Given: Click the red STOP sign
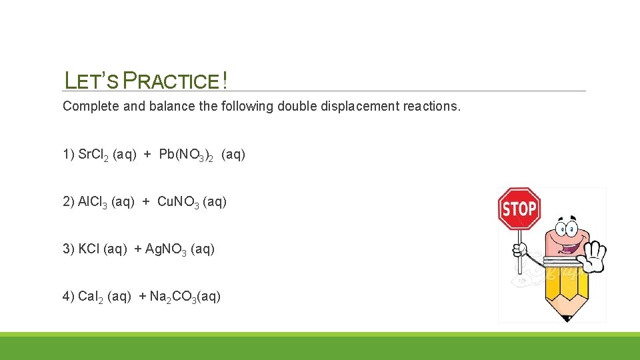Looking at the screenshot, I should click(519, 209).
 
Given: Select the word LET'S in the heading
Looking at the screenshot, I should click(91, 81).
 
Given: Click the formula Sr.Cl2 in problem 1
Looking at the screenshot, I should click(94, 155).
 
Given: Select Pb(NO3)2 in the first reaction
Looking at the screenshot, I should click(187, 155).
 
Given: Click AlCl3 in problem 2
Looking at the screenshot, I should click(93, 202).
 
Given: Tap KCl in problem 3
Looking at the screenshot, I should click(89, 249).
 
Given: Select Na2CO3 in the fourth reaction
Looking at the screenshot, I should click(173, 297).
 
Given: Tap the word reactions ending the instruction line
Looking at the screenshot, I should click(431, 107).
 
